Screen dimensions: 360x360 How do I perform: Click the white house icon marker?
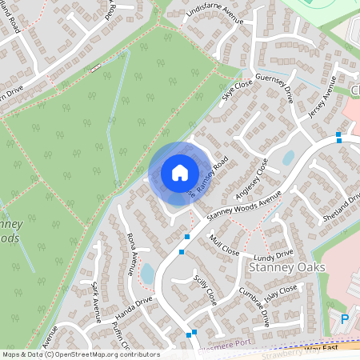179,172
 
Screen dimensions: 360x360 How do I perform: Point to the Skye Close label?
237,86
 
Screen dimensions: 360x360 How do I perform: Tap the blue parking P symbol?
345,318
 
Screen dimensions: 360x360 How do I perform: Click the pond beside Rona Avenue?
147,274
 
